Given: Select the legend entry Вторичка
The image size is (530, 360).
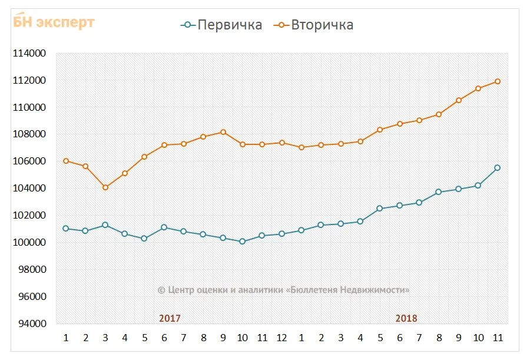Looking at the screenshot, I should click(x=322, y=25).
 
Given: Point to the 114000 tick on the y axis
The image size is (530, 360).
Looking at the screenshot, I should click(x=29, y=54).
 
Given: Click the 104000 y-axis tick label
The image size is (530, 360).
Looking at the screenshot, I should click(x=29, y=189).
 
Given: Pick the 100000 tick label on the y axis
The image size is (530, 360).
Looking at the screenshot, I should click(x=29, y=242).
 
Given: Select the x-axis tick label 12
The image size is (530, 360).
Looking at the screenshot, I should click(x=281, y=338).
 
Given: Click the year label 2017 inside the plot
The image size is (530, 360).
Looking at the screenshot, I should click(x=170, y=318).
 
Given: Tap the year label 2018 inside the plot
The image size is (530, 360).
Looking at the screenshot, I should click(x=406, y=318).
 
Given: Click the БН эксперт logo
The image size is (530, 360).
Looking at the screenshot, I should click(x=54, y=22).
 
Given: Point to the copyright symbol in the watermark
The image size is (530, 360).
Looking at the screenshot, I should click(x=161, y=290).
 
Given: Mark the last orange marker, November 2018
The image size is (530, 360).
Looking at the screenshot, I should click(x=498, y=81).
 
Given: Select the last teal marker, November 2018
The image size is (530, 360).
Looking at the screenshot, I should click(x=498, y=168).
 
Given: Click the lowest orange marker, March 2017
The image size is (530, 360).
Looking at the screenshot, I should click(x=105, y=187).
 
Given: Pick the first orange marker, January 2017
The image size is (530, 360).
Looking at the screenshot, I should click(x=66, y=161).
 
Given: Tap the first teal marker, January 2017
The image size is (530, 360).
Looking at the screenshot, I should click(x=66, y=229).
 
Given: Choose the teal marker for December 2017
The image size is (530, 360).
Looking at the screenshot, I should click(x=281, y=234).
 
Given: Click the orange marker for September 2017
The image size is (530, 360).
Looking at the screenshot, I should click(x=223, y=132).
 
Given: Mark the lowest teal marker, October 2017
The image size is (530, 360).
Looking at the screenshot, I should click(x=242, y=242).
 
